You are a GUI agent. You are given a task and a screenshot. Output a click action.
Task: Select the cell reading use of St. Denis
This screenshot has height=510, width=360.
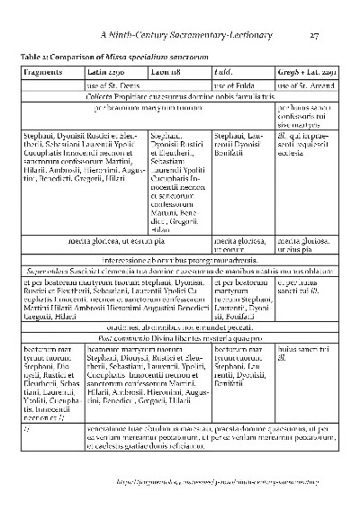(x=110, y=84)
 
